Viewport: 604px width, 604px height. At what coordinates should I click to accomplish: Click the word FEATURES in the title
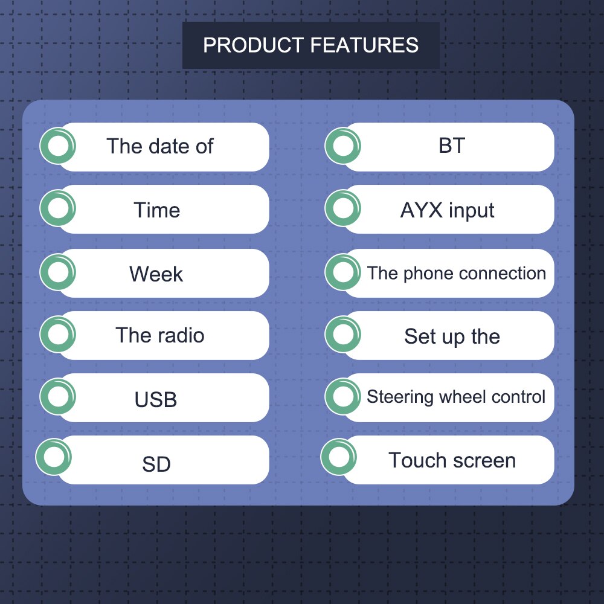point(364,45)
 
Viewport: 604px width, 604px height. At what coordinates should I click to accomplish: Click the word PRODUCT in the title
point(254,45)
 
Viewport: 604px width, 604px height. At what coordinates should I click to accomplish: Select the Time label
point(157,210)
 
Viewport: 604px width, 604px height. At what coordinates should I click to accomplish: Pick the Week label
point(156,274)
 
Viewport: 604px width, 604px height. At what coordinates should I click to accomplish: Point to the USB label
point(156,399)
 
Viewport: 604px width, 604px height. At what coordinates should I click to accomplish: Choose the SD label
point(156,464)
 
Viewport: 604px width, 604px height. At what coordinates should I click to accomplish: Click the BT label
point(451,146)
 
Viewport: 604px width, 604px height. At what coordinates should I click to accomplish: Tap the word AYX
point(422,210)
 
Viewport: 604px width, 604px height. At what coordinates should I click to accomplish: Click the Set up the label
point(452,336)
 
